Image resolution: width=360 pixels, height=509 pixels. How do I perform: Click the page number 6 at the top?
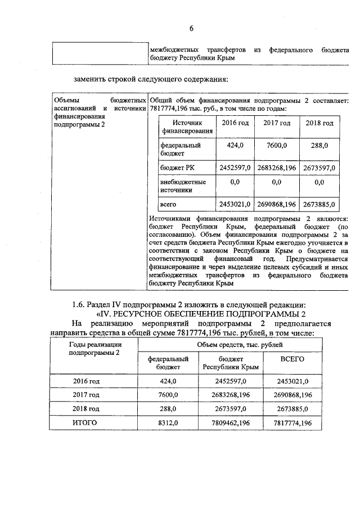pos(191,28)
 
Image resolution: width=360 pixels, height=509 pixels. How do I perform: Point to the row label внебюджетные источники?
pos(183,186)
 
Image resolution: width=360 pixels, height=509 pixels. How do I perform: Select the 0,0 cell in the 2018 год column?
pos(319,182)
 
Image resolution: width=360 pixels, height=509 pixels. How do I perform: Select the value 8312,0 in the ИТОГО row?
pos(168,423)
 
